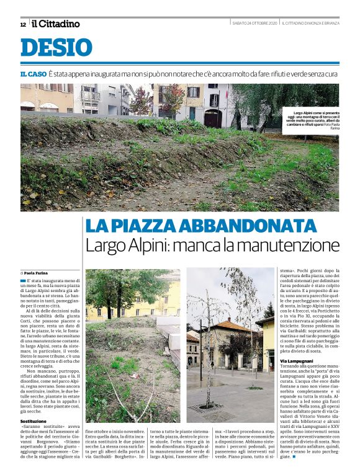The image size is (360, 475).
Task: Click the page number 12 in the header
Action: [x=23, y=24]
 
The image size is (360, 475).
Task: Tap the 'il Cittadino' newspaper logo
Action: [x=56, y=24]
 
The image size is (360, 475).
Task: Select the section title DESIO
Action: [x=56, y=47]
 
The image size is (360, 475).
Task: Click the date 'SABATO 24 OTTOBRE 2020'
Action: [x=254, y=24]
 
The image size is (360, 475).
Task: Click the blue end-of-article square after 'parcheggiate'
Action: [x=294, y=457]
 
